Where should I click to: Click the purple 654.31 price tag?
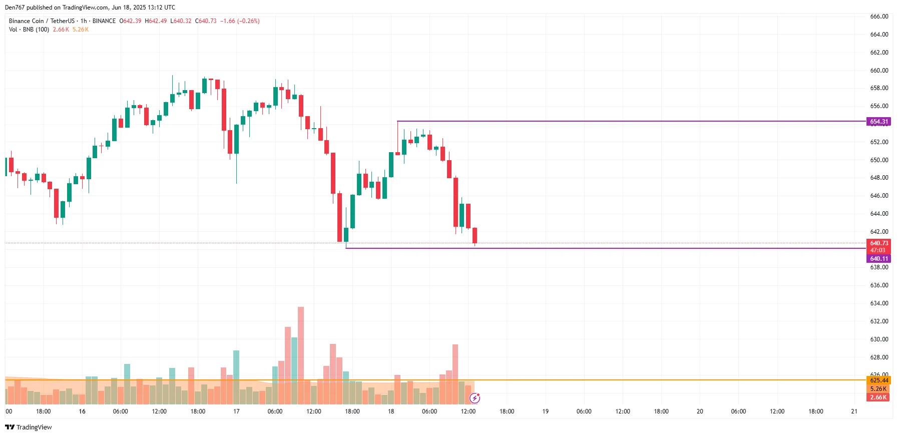point(878,122)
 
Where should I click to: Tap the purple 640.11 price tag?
point(878,259)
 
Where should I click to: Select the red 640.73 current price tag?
point(878,243)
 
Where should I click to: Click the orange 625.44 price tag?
point(878,380)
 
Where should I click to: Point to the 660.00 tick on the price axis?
point(879,71)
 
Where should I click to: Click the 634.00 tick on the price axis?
point(879,303)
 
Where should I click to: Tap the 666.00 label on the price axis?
point(879,17)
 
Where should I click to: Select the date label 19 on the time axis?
point(545,411)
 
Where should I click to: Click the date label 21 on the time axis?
point(854,411)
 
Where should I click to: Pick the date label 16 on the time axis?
point(82,411)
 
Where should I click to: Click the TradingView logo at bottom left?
point(29,427)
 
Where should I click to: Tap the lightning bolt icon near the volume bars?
point(475,398)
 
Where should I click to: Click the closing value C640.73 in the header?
point(206,21)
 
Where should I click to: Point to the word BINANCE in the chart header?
point(104,21)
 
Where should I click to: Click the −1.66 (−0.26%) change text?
point(240,21)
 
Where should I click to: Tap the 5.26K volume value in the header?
point(81,30)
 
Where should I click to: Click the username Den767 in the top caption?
point(15,8)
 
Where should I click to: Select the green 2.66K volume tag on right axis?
point(878,397)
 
